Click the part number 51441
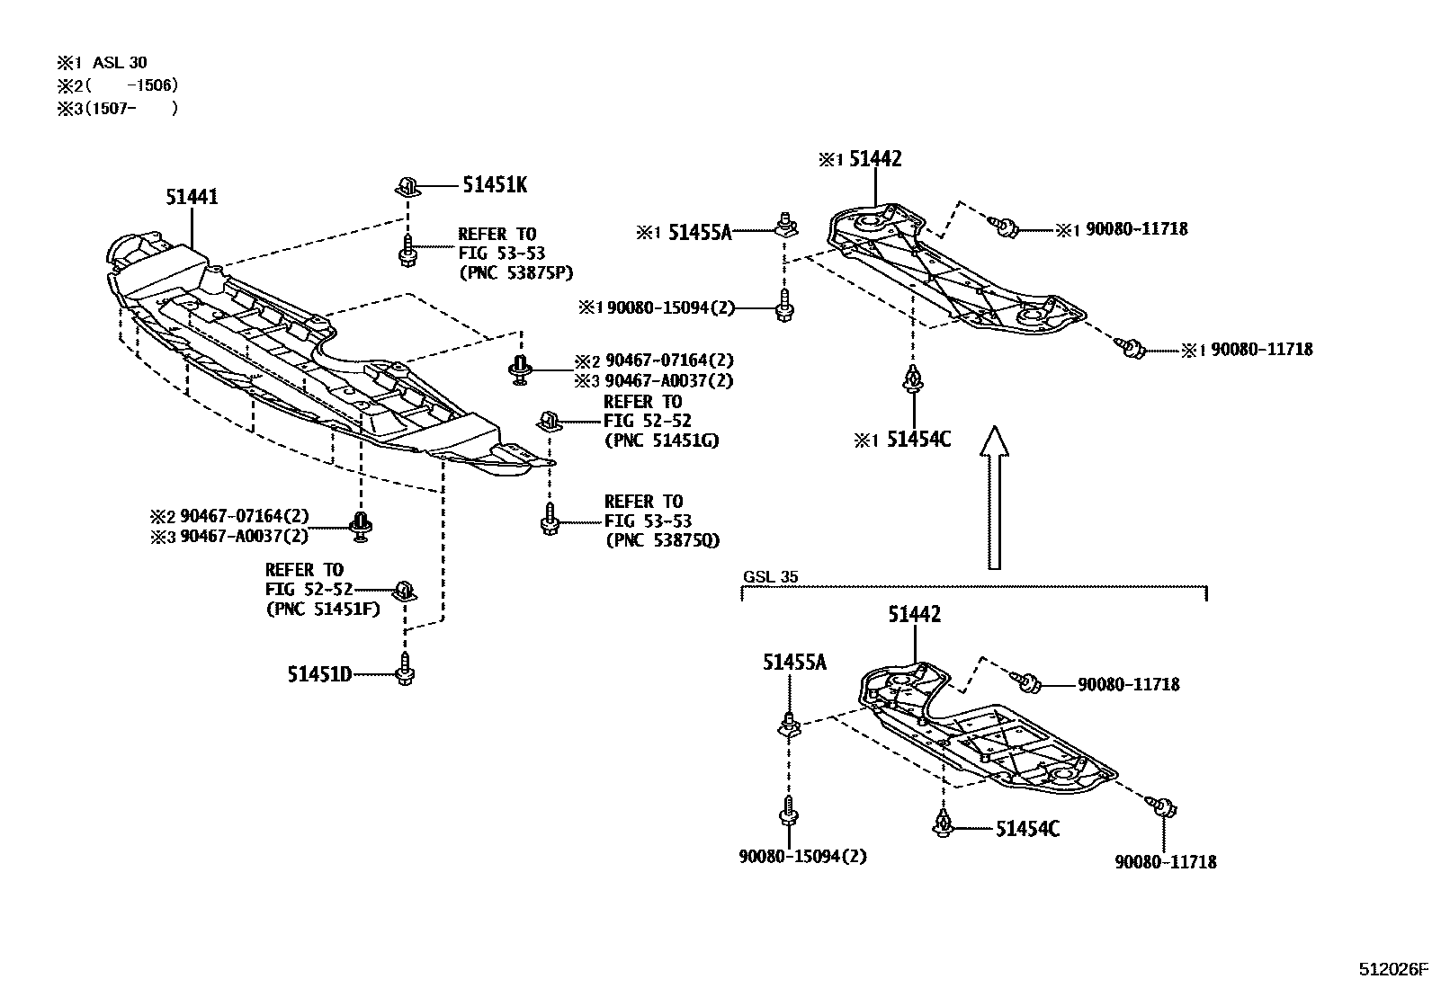tap(191, 196)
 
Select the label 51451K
tap(495, 185)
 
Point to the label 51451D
tap(319, 673)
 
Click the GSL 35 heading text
tap(770, 577)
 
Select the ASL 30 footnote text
tap(119, 62)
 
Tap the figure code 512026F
tap(1392, 969)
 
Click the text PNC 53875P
tap(515, 272)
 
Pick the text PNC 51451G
tap(661, 441)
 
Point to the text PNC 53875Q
tap(662, 540)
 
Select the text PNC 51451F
tap(323, 609)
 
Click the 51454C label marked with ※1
tap(918, 440)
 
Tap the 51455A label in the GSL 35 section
tap(794, 663)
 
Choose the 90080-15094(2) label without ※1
tap(803, 856)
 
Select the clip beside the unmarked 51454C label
tap(943, 823)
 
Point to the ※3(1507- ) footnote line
tap(117, 108)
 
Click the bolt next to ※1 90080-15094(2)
tap(783, 307)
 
